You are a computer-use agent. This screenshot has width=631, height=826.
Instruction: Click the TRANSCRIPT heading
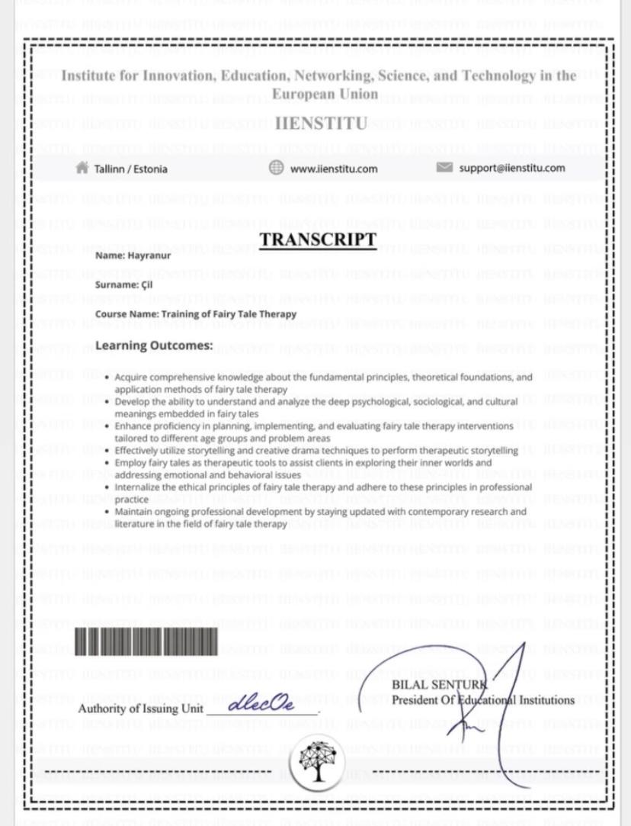[318, 239]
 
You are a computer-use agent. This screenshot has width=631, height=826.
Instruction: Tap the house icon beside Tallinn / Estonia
[82, 168]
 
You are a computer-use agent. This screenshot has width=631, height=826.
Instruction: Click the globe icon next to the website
[277, 168]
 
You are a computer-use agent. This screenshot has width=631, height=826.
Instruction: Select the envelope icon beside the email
[444, 168]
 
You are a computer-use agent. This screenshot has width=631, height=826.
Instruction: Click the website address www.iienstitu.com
[334, 169]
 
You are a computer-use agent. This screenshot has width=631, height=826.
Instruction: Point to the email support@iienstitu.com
[512, 168]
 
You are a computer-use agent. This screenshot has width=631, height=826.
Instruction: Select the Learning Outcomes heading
[154, 346]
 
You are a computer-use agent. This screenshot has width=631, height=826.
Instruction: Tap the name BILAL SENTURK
[440, 685]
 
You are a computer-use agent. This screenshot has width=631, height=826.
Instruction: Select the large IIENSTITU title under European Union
[321, 124]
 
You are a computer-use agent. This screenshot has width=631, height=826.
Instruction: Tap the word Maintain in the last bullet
[133, 512]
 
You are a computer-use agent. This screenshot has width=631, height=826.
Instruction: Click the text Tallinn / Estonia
[130, 169]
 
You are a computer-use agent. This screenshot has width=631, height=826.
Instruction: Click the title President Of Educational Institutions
[483, 700]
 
